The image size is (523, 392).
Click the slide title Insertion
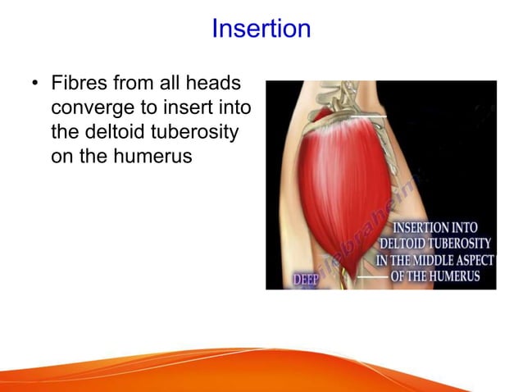pyautogui.click(x=261, y=29)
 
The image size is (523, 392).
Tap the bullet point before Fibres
pyautogui.click(x=34, y=84)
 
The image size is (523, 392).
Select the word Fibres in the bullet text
pyautogui.click(x=76, y=84)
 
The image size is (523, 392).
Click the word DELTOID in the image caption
pyautogui.click(x=406, y=244)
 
